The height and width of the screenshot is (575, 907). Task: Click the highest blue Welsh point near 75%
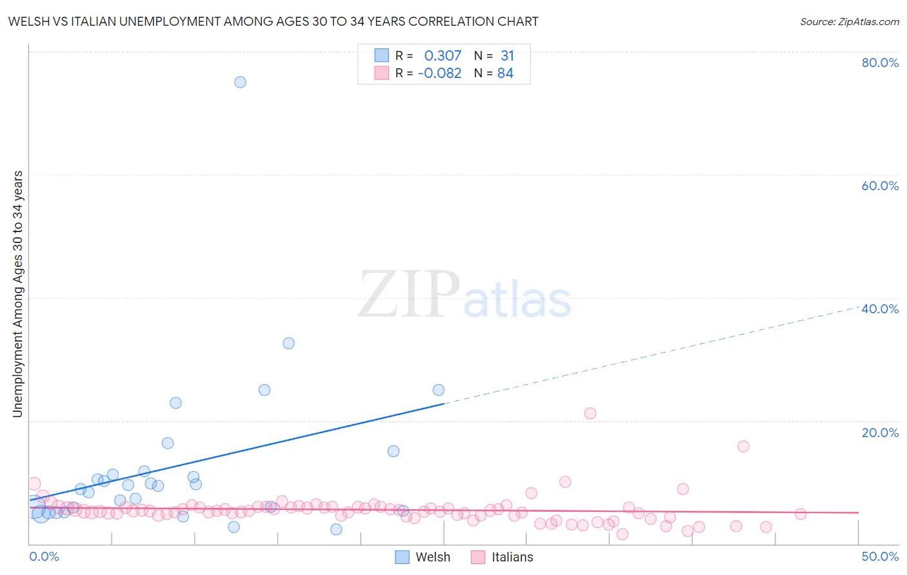[240, 82]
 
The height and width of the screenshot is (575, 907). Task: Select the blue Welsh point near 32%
[288, 343]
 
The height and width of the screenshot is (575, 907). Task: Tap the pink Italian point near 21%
[590, 413]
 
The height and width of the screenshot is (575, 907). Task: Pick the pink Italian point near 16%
[743, 446]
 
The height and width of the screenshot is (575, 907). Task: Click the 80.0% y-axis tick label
[880, 63]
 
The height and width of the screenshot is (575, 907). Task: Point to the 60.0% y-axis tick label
[880, 186]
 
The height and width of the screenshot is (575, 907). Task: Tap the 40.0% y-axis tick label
[880, 309]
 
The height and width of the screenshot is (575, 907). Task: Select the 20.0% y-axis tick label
[880, 433]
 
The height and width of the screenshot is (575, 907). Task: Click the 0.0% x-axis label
[44, 556]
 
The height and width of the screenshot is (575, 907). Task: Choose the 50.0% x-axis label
[880, 556]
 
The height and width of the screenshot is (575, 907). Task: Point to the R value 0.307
[443, 56]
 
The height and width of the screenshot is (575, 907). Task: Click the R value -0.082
[440, 73]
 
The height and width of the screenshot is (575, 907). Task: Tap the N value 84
[505, 73]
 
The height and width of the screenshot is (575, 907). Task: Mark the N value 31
[507, 56]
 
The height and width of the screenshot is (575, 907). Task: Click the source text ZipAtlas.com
[850, 22]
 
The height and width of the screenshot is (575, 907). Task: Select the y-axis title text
[18, 294]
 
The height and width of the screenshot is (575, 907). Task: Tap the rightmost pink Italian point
[800, 514]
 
